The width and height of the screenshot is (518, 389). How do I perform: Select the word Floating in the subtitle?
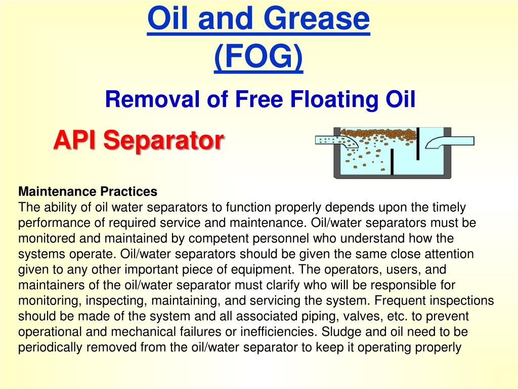tap(333, 99)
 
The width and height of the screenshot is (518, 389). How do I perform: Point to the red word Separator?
tap(163, 139)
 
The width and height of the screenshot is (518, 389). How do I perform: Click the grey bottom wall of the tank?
tap(392, 176)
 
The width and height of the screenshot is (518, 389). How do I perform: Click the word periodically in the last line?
tap(50, 348)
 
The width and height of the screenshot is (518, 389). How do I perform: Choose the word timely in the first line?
tap(450, 207)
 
